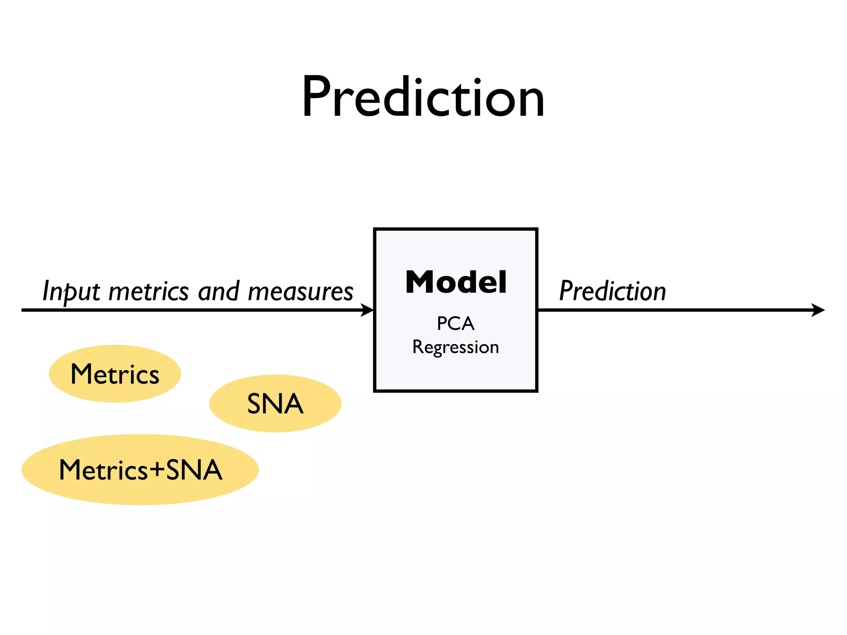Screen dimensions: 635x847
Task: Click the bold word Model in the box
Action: (456, 282)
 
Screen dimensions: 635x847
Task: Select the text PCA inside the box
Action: (455, 324)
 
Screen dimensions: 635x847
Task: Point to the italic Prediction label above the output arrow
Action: (612, 291)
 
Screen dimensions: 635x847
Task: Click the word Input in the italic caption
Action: (71, 291)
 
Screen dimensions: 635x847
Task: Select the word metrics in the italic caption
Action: (148, 291)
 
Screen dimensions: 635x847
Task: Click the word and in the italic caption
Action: (218, 291)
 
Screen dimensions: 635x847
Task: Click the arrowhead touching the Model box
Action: (368, 310)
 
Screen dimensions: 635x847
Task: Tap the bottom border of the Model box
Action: (455, 390)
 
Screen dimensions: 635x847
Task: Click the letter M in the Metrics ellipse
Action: (81, 374)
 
